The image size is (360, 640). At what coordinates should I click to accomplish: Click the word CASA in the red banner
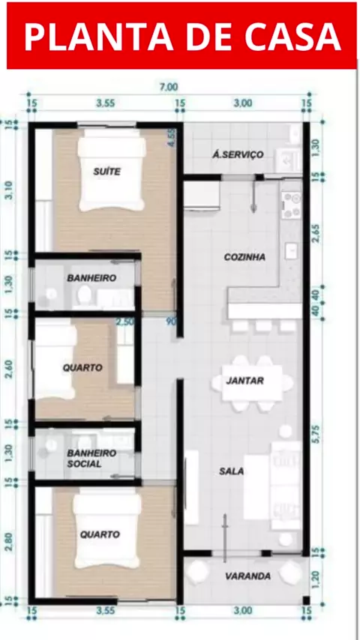(293, 36)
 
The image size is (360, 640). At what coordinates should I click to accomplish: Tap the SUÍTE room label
(107, 172)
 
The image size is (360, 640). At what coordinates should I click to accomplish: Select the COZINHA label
(244, 257)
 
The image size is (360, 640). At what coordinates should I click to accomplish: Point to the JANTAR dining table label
(245, 381)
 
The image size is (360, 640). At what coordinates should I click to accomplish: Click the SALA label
(231, 471)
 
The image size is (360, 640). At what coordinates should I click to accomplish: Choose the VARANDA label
(248, 576)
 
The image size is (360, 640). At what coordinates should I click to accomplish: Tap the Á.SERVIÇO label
(238, 154)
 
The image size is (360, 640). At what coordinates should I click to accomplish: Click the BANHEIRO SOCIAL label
(91, 459)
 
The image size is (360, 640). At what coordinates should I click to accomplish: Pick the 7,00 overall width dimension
(169, 87)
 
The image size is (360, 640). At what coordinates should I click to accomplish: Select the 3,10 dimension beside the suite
(9, 190)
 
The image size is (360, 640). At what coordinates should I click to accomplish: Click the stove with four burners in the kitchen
(291, 205)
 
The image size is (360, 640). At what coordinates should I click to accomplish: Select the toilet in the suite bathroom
(85, 294)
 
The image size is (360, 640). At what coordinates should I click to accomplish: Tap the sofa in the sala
(286, 484)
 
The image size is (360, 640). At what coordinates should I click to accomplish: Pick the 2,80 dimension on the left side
(9, 542)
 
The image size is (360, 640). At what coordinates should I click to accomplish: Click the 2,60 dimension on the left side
(9, 369)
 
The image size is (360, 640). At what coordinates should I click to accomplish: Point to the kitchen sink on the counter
(291, 251)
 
